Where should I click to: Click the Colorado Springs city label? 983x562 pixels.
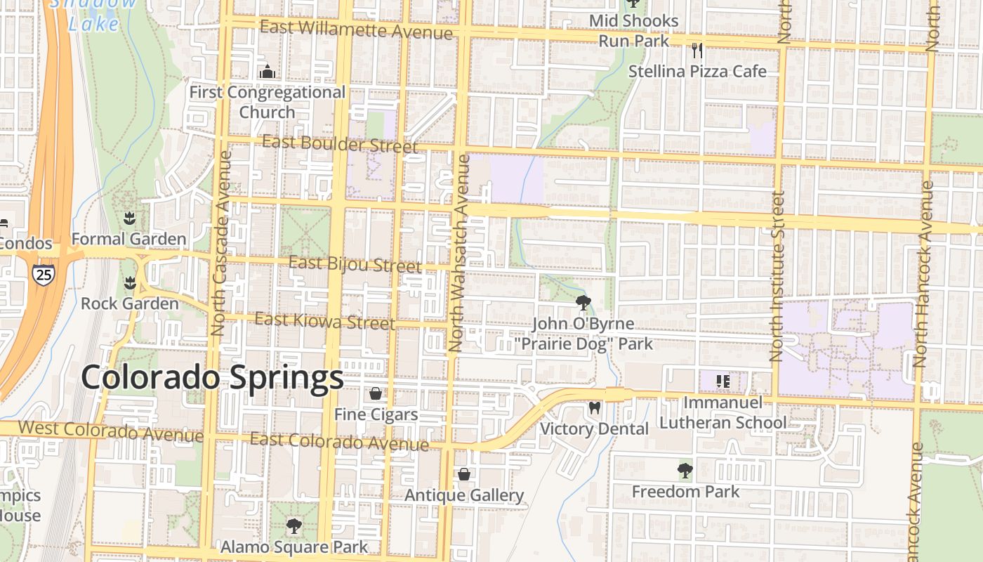click(x=212, y=378)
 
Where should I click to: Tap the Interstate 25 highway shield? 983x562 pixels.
click(x=43, y=274)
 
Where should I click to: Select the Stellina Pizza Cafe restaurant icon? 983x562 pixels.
click(x=697, y=50)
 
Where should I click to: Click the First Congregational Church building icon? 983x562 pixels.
click(x=267, y=72)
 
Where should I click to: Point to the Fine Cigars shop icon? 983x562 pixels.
click(x=376, y=393)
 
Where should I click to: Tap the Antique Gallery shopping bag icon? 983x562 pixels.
click(x=463, y=474)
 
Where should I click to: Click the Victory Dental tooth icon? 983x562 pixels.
click(x=594, y=407)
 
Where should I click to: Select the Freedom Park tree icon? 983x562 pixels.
click(x=685, y=470)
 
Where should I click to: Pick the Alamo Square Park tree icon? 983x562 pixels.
click(x=294, y=525)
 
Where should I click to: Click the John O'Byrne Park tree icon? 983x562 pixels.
click(x=583, y=303)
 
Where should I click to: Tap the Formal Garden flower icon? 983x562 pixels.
click(x=129, y=218)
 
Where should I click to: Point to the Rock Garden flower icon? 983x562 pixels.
click(x=129, y=283)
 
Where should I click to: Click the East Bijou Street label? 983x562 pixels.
click(x=355, y=264)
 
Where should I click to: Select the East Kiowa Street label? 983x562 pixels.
click(x=324, y=321)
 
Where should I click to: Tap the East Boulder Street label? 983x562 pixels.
click(x=340, y=143)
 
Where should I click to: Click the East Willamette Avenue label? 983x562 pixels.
click(x=356, y=30)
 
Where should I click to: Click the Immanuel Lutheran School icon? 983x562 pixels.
click(x=723, y=381)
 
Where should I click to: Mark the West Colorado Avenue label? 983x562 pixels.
click(x=110, y=430)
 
